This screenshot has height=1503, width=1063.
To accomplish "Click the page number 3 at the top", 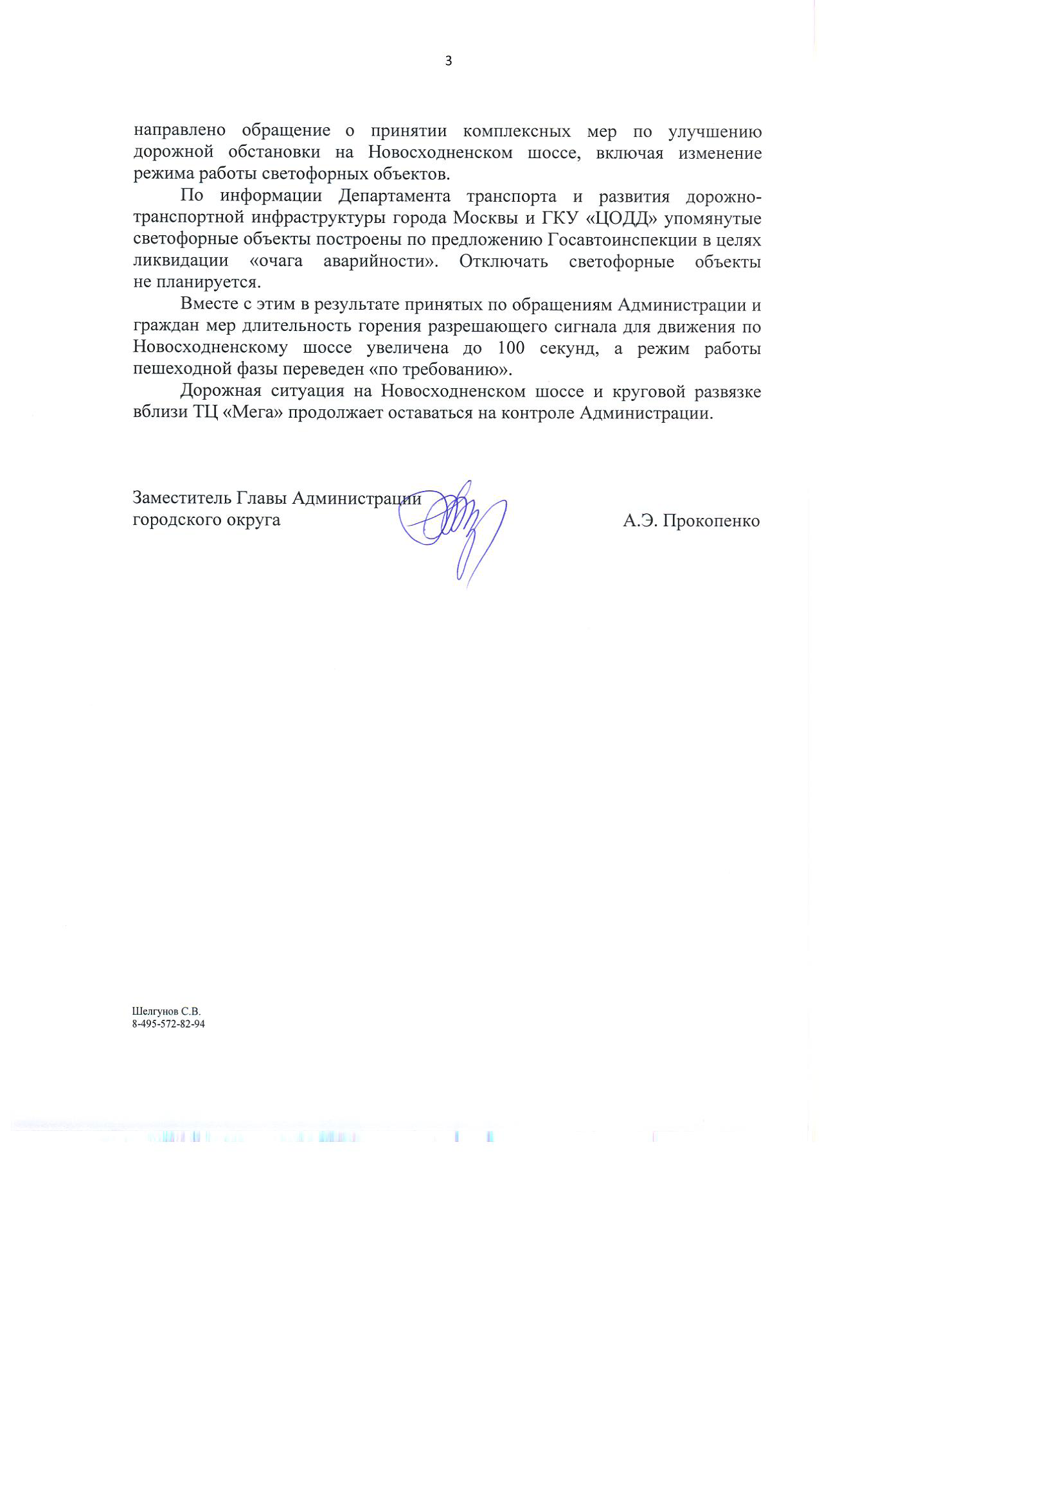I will point(449,62).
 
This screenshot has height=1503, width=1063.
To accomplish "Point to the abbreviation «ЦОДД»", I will point(619,218).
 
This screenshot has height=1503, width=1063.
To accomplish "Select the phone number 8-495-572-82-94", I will point(169,1024).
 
